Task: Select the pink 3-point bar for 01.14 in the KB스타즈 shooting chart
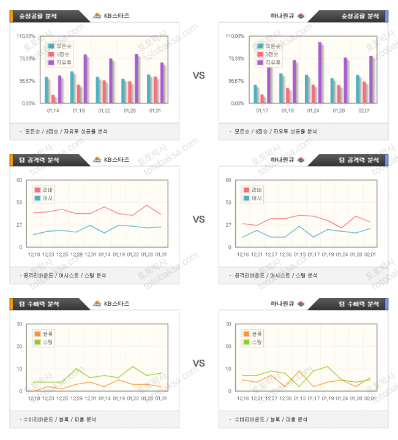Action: coord(53,99)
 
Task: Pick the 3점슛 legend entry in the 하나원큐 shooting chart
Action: coord(269,54)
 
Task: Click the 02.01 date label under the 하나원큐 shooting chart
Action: coord(364,110)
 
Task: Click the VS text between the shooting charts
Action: coord(199,75)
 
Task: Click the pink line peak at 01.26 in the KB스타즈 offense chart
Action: coord(147,205)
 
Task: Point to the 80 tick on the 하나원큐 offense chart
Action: coord(228,180)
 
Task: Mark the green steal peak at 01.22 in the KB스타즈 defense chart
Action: coord(133,366)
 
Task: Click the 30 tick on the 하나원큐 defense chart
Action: coord(228,324)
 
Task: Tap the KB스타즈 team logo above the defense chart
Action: coord(96,303)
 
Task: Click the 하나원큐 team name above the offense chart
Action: coord(282,160)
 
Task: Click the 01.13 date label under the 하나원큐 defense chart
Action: coord(299,398)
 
